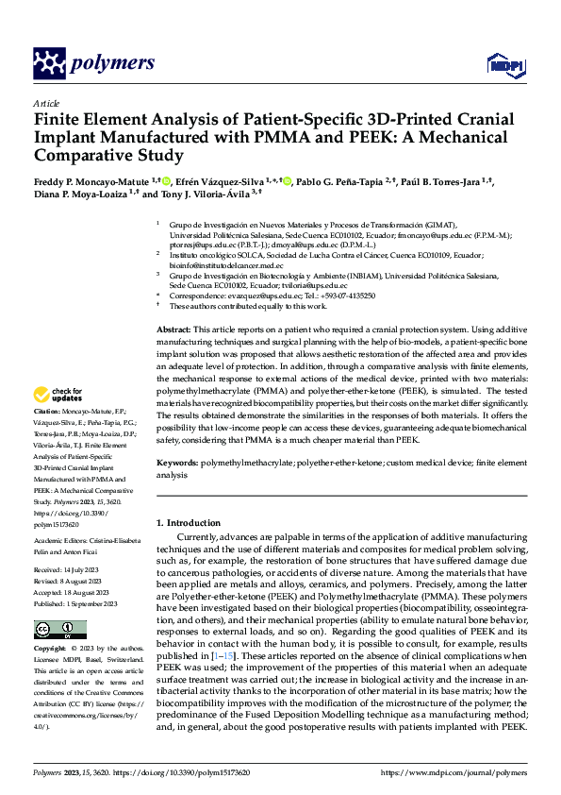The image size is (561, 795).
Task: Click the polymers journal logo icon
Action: tap(48, 63)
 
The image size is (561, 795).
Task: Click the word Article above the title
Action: tap(46, 103)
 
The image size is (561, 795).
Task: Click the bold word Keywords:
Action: tap(179, 465)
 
